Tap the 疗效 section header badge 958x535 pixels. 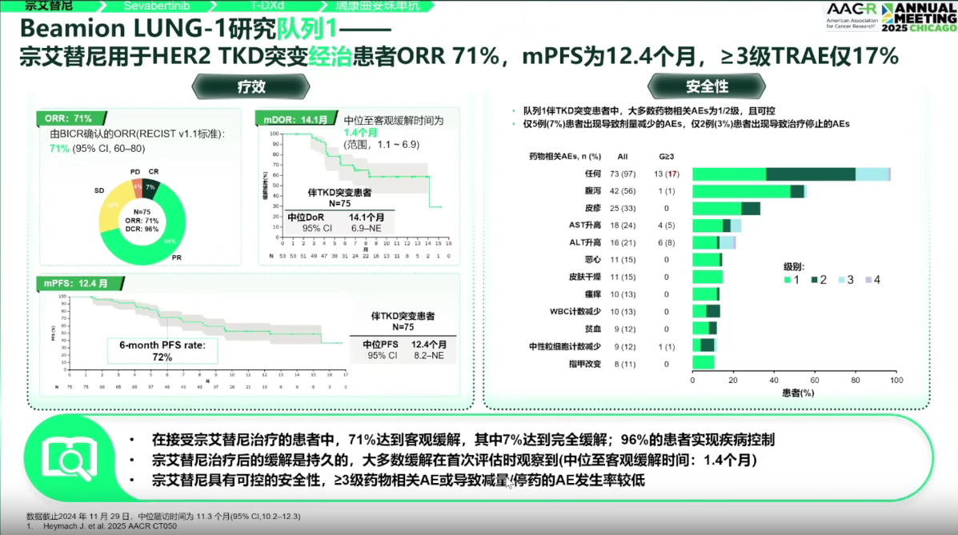click(251, 86)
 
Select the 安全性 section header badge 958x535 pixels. click(707, 86)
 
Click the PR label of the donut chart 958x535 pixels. click(177, 258)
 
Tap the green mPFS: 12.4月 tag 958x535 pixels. click(76, 283)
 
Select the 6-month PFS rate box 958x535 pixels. click(162, 351)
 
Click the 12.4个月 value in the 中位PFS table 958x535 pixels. click(428, 344)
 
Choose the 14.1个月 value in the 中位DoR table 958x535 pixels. click(366, 217)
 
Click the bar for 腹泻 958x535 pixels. click(748, 190)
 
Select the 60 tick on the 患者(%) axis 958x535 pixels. click(814, 381)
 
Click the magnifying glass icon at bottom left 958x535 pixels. click(65, 458)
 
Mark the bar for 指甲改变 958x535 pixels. click(703, 362)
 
